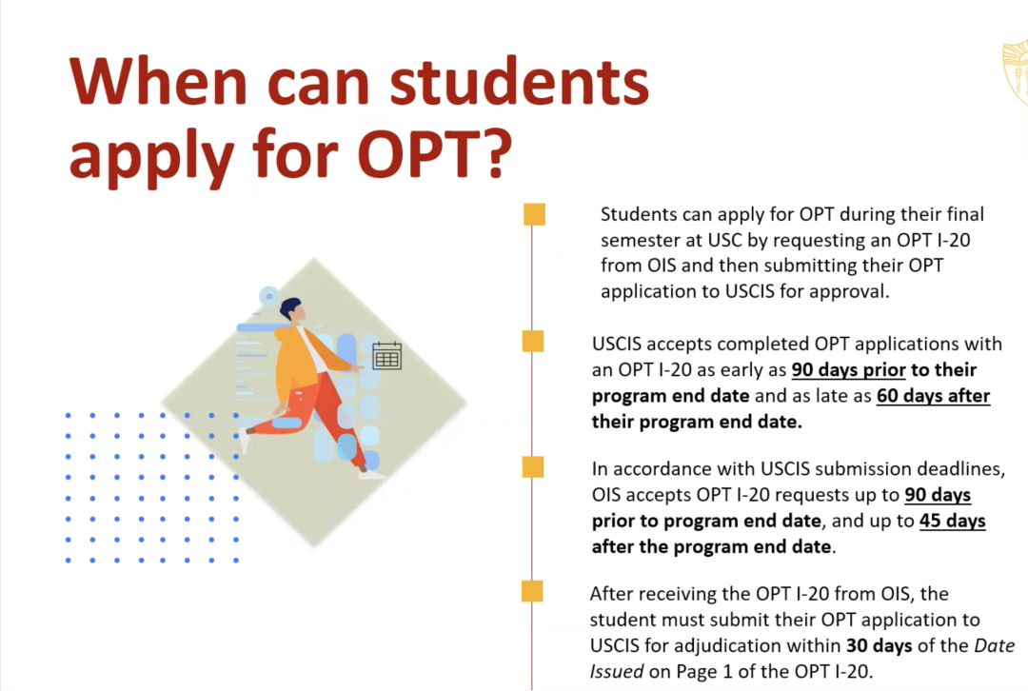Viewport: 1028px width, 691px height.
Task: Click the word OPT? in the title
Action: [x=435, y=154]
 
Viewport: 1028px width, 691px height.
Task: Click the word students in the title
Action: [x=520, y=82]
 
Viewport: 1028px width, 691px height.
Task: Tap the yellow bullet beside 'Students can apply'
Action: [x=534, y=214]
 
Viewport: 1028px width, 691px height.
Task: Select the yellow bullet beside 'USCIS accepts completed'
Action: [x=533, y=341]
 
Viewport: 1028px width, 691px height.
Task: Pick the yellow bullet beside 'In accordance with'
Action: [x=533, y=466]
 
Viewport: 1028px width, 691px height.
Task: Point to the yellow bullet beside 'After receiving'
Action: [x=532, y=591]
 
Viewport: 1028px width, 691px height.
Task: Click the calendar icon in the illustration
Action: [x=386, y=356]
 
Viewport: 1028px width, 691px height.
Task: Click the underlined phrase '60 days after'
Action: [x=933, y=395]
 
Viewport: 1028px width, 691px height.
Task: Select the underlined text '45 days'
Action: [x=952, y=521]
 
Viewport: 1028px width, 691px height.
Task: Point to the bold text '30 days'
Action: [x=879, y=645]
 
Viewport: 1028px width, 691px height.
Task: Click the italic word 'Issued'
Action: [x=616, y=671]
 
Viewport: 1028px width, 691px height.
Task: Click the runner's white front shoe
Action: [x=372, y=474]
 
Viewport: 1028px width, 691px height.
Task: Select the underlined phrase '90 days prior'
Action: [x=848, y=369]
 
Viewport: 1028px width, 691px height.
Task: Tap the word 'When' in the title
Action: [x=158, y=82]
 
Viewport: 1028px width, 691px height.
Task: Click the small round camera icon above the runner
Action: [x=268, y=296]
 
